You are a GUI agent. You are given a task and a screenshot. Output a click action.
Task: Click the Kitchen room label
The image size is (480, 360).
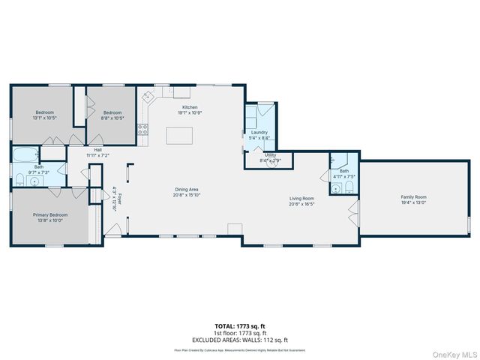[x=190, y=107]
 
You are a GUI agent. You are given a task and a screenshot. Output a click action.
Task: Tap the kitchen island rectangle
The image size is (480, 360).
[x=178, y=136]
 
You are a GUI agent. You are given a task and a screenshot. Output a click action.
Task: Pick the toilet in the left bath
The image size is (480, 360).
[x=19, y=178]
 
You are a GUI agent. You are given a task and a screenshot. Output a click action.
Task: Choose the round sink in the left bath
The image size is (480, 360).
[x=34, y=181]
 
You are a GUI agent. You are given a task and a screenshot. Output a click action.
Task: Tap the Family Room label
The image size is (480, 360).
[x=413, y=196]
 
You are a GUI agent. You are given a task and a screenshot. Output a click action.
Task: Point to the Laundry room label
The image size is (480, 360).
[x=259, y=133]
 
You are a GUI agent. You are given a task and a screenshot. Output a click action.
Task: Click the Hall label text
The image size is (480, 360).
[x=97, y=149]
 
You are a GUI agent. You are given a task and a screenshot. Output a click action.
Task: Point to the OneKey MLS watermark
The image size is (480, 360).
[x=454, y=353]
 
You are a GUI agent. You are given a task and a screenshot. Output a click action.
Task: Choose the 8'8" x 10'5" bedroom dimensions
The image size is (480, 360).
[x=113, y=118]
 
